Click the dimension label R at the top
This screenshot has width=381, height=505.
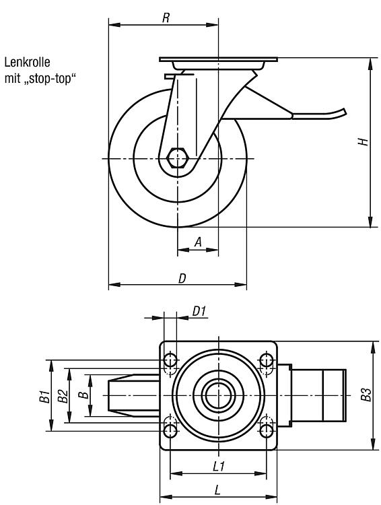[166, 18]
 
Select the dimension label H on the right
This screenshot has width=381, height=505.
[363, 141]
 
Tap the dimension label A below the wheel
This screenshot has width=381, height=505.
[199, 242]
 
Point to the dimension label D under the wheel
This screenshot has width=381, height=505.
[182, 278]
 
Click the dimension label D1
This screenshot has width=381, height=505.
[199, 312]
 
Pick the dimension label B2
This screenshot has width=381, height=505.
[63, 396]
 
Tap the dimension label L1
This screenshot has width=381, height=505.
[219, 467]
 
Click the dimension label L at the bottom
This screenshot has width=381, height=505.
[217, 490]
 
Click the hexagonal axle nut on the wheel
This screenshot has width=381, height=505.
[177, 158]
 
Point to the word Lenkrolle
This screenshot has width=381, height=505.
[28, 62]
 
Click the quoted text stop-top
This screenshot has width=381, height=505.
[50, 79]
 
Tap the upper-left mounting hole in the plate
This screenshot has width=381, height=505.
[170, 360]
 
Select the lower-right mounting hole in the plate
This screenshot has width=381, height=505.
[267, 431]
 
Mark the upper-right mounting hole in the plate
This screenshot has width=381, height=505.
[267, 360]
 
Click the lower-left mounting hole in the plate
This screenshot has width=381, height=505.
[170, 431]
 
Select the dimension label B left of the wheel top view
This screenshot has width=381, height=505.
[84, 395]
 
